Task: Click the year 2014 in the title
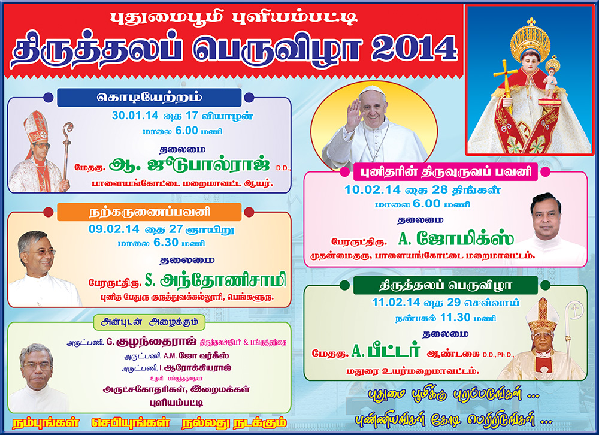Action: click(414, 48)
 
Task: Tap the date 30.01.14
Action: click(135, 116)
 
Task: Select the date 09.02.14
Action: click(114, 229)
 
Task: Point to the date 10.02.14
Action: click(372, 189)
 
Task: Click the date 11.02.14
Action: click(396, 303)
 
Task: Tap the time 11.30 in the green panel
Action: click(455, 318)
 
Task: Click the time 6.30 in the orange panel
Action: click(166, 242)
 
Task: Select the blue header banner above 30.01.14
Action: click(149, 98)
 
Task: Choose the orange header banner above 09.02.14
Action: click(149, 212)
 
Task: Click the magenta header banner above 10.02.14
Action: click(446, 172)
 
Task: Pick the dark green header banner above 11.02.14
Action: click(446, 286)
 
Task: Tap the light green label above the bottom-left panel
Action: click(149, 322)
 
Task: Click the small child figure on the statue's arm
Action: click(550, 78)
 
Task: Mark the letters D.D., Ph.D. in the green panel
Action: click(498, 355)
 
